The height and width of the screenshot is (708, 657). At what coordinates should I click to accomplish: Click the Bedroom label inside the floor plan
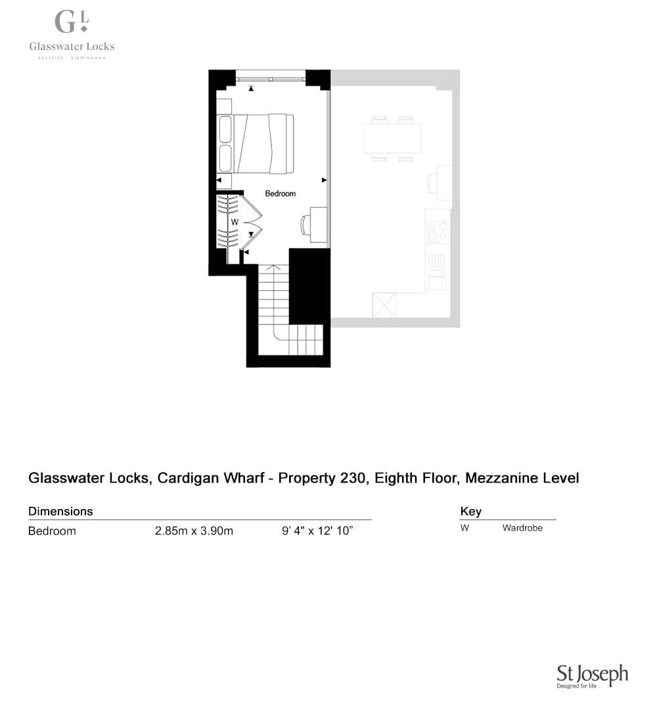[280, 194]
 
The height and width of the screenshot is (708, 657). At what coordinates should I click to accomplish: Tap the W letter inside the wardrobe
[235, 222]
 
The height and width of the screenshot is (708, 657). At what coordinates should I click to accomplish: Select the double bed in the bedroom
[256, 144]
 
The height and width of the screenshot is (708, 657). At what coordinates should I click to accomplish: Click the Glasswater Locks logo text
[72, 46]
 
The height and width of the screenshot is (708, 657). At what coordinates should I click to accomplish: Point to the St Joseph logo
[592, 676]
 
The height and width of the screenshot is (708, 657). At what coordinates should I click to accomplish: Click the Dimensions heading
[60, 511]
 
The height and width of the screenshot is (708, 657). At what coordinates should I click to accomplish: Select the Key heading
[470, 512]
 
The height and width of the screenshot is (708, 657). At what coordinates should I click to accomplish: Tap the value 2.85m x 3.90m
[194, 531]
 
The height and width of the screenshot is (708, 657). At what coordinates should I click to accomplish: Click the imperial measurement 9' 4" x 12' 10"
[317, 531]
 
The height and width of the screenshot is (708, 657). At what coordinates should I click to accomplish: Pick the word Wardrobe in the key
[522, 528]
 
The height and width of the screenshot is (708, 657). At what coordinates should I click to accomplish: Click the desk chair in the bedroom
[306, 225]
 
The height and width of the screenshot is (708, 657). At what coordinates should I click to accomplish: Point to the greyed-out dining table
[392, 138]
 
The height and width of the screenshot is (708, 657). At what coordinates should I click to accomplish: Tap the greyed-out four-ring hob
[438, 232]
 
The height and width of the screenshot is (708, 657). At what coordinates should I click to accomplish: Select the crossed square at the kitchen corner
[384, 305]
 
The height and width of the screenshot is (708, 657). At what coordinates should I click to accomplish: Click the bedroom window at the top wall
[271, 79]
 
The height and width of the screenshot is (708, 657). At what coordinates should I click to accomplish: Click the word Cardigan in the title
[211, 478]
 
